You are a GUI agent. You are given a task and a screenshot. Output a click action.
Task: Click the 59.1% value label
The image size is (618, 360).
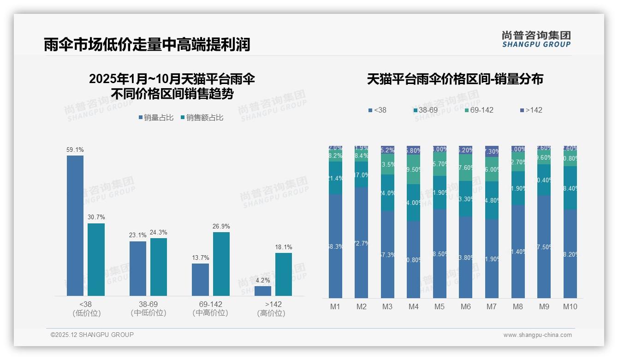[x=75, y=150]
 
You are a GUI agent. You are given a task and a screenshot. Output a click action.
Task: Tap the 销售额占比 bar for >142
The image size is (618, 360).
[x=284, y=274]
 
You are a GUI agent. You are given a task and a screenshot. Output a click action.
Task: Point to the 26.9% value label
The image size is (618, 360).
[x=221, y=227]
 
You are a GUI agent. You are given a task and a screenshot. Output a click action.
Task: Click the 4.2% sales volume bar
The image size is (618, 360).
[x=263, y=291]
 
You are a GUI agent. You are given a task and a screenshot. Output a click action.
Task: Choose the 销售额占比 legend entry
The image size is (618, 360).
[x=202, y=118]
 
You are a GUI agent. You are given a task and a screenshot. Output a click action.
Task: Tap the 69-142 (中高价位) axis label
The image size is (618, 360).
[x=210, y=309]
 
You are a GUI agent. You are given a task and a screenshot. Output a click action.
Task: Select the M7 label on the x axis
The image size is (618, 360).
[x=492, y=307]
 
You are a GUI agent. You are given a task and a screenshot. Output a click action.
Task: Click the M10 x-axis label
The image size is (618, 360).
[x=570, y=307]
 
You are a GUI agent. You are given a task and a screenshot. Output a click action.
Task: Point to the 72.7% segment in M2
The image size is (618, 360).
[x=361, y=243]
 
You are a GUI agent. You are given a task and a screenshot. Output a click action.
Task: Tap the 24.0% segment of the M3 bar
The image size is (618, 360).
[x=387, y=193]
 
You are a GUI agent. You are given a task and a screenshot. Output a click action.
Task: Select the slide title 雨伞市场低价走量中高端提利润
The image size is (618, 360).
[x=147, y=44]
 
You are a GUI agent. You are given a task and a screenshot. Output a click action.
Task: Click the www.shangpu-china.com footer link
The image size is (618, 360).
[x=537, y=335]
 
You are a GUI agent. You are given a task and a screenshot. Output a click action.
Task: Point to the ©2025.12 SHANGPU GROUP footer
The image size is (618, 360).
[x=92, y=335]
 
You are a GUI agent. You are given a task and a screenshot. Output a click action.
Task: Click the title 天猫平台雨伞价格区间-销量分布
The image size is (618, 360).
[x=455, y=79]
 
